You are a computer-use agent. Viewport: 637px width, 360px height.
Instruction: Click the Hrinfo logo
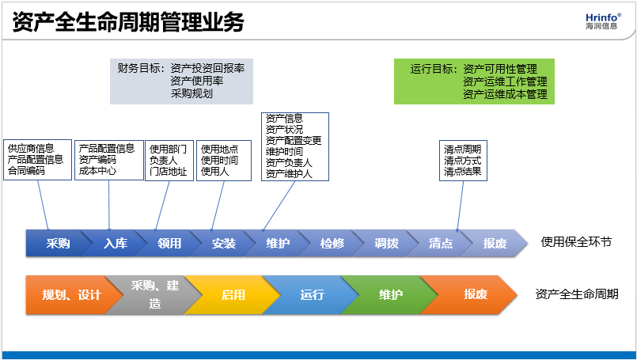(x=603, y=21)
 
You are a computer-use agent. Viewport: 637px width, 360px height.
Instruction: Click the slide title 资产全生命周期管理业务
(x=128, y=21)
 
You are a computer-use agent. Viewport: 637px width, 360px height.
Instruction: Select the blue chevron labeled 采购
(x=58, y=244)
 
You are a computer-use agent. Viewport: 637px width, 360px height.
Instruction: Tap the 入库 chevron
(x=115, y=244)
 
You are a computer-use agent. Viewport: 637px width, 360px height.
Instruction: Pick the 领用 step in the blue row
(x=169, y=244)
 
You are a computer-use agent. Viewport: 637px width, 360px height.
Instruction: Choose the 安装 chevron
(x=224, y=244)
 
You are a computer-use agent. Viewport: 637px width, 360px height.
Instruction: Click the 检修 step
(x=332, y=244)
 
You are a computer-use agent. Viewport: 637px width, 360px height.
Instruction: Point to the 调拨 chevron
(x=387, y=244)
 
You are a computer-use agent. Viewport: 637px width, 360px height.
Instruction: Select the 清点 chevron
(x=441, y=244)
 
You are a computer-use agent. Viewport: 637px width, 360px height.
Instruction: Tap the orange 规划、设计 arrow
(x=71, y=295)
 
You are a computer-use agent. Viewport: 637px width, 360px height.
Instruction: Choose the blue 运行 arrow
(x=312, y=295)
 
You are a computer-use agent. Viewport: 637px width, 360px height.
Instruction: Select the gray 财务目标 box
(x=181, y=81)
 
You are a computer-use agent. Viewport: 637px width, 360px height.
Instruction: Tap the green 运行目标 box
(x=474, y=81)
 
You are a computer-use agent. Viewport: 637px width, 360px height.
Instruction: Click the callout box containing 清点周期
(x=463, y=161)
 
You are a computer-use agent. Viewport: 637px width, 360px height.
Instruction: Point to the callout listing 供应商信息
(x=38, y=160)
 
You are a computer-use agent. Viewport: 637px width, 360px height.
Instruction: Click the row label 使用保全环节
(x=576, y=242)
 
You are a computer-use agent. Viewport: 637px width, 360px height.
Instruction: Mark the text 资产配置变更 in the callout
(x=294, y=141)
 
